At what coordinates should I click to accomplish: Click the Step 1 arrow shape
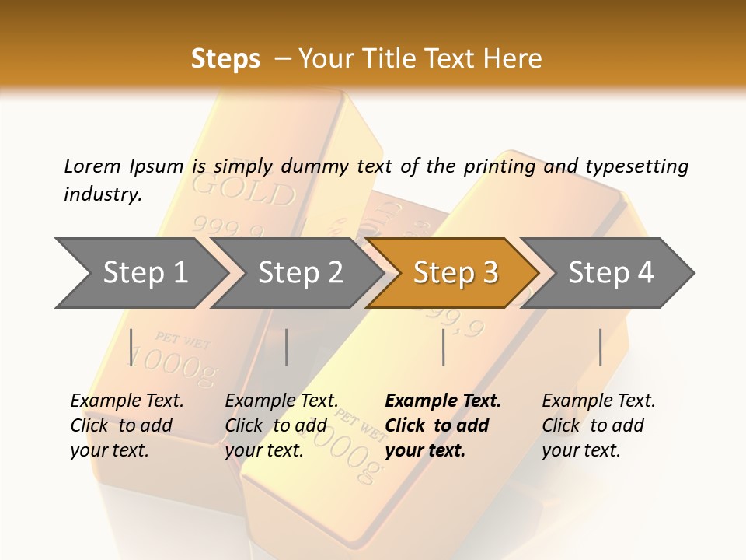point(140,273)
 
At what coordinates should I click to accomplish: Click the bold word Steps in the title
point(225,59)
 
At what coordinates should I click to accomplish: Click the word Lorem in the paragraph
point(92,166)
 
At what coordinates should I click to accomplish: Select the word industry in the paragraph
point(103,194)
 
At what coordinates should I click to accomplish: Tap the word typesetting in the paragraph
point(636,166)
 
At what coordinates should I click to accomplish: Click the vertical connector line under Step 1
point(131,347)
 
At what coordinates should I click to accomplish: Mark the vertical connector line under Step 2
point(287,347)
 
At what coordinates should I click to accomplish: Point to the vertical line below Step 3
point(443,347)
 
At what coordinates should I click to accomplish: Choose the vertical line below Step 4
point(600,347)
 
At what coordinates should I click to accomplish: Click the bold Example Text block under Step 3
point(443,425)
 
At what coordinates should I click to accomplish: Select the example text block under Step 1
point(127,425)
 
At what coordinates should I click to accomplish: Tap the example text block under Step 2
point(281,425)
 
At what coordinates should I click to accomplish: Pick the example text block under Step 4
point(598,425)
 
